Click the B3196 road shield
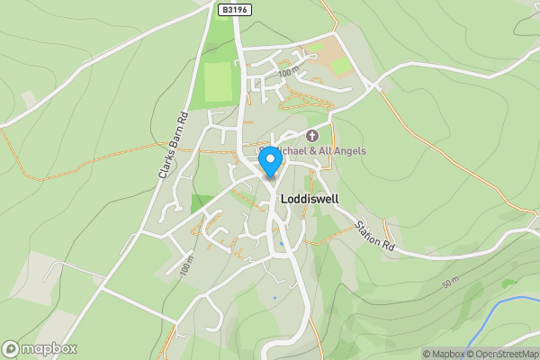(234, 9)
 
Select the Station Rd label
(374, 236)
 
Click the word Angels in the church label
(347, 150)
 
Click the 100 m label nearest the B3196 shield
(288, 72)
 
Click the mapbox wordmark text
(50, 348)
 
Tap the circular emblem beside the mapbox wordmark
(11, 348)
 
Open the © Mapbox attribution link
(443, 354)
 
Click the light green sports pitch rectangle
(217, 82)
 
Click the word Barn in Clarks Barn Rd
(172, 143)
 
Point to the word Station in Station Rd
(368, 230)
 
